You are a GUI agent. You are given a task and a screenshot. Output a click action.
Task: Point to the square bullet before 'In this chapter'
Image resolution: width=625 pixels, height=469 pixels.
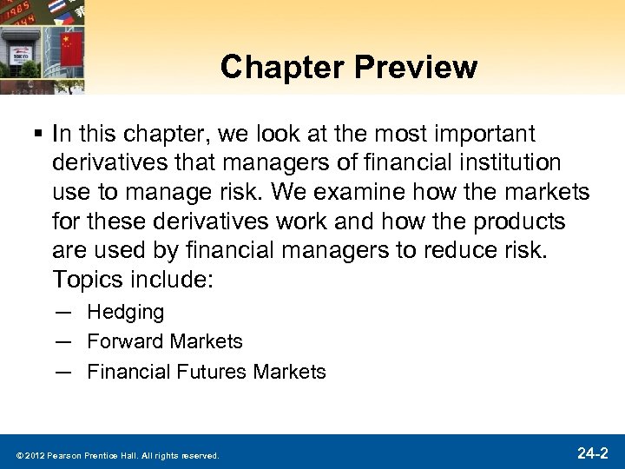(x=40, y=135)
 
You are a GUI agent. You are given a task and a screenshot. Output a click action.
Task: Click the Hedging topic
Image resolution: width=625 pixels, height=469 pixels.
(x=125, y=311)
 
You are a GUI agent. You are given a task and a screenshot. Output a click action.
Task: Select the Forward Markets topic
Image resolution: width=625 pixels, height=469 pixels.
(x=165, y=341)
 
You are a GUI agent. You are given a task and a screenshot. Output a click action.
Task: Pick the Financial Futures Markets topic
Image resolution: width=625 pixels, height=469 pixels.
(x=207, y=372)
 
